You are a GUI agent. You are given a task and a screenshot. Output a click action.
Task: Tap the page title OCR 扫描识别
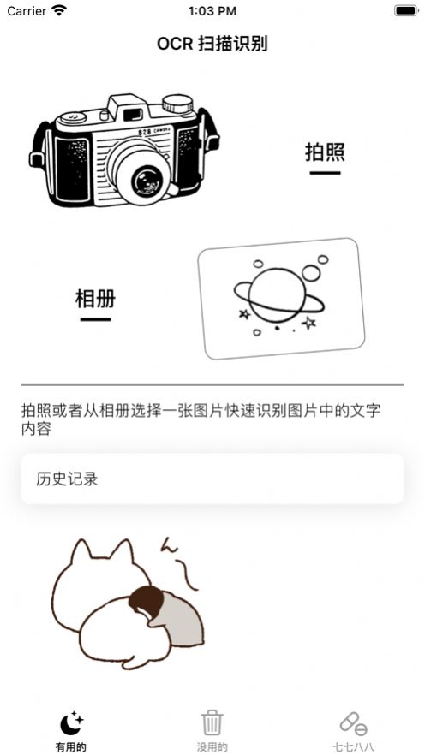click(x=212, y=44)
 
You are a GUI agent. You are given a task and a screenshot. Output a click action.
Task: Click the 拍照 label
click(x=325, y=152)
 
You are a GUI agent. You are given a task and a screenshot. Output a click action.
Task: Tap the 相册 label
click(x=95, y=299)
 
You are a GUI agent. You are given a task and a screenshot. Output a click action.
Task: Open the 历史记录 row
click(x=212, y=479)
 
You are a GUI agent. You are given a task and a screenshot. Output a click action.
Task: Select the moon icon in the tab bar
click(x=70, y=722)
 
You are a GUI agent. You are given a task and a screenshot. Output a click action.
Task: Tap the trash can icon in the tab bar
click(x=212, y=722)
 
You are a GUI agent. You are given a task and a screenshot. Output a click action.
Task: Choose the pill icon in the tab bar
click(x=353, y=722)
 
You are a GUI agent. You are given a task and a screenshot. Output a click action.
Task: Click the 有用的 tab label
click(x=70, y=746)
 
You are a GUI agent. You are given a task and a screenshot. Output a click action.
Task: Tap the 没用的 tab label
click(x=212, y=746)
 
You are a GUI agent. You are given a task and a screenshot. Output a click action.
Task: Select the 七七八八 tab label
click(x=353, y=746)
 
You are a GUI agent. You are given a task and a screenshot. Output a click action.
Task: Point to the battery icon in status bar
click(x=405, y=11)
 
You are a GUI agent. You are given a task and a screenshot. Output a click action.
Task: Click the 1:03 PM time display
click(x=212, y=11)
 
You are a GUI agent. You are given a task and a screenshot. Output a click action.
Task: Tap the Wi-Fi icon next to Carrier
click(x=59, y=11)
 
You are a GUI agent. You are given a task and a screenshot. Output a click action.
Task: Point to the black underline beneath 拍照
click(x=325, y=173)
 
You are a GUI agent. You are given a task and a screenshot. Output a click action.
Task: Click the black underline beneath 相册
click(x=95, y=320)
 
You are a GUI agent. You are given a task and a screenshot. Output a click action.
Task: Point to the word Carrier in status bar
click(x=27, y=11)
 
